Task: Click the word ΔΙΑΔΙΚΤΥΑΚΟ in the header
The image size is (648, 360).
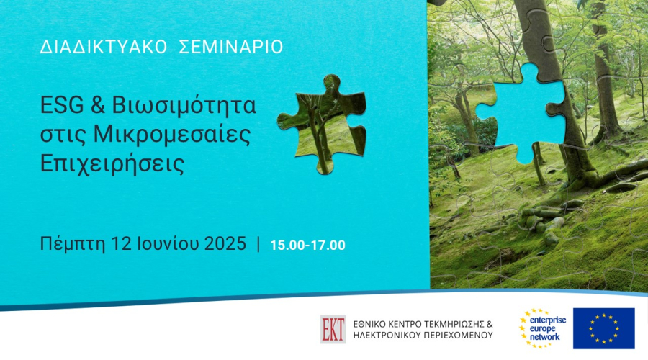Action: pos(103,47)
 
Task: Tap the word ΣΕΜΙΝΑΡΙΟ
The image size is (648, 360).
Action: pos(231,47)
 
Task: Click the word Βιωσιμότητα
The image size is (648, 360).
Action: pos(184,105)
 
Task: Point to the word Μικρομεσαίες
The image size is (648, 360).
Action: pos(172,135)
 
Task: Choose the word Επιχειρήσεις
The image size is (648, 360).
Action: pos(112,164)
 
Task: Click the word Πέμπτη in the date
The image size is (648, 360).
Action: pos(73,244)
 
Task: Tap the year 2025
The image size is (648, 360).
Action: pos(225,243)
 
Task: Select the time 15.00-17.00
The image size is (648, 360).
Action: pos(308,245)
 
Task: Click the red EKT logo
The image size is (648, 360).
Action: pos(333,330)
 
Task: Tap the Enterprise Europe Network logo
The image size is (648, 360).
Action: pos(543,328)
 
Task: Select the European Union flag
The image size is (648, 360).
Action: pos(604,328)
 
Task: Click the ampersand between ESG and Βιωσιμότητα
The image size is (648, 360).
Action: pos(97,105)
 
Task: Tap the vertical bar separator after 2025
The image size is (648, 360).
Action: pos(258,244)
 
